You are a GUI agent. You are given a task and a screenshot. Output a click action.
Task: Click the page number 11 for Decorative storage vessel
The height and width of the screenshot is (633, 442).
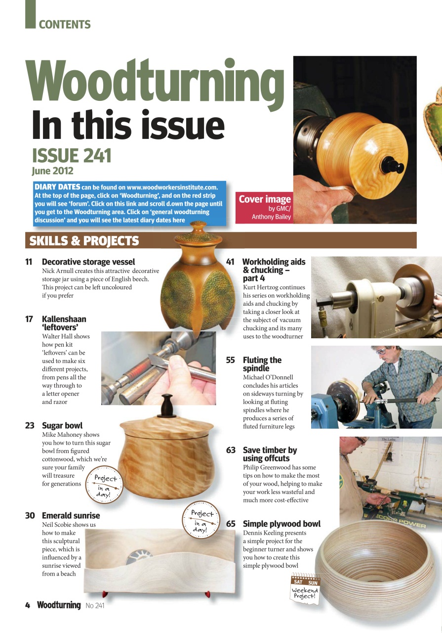(29, 262)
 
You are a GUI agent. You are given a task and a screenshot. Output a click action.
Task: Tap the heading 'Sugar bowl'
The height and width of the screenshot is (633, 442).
(62, 425)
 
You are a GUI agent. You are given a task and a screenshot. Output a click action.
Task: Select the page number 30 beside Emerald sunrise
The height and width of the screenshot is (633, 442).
(30, 515)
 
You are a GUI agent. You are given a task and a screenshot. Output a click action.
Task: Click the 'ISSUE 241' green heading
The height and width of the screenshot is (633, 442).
(72, 156)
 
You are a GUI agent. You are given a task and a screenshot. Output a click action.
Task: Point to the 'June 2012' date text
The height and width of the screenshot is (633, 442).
(52, 171)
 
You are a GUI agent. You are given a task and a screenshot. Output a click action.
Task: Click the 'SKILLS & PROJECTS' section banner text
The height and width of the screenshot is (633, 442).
(84, 241)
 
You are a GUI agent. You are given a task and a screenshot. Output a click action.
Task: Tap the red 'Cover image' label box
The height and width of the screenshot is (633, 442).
(265, 207)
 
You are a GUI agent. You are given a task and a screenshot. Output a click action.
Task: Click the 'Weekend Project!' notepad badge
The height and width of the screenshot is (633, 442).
(305, 588)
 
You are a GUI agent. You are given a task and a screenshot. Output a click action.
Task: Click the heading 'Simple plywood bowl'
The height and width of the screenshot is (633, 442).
(281, 524)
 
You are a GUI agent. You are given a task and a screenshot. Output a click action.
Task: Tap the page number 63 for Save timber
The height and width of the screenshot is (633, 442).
(231, 450)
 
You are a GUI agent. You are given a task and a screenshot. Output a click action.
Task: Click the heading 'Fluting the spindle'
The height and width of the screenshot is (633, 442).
(262, 364)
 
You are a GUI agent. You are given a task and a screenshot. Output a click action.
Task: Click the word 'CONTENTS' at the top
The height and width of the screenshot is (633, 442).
(65, 24)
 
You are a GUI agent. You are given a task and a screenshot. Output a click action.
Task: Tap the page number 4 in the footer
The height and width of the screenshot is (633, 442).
(28, 605)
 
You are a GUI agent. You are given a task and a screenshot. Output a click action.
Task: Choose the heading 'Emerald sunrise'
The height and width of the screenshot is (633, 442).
(71, 515)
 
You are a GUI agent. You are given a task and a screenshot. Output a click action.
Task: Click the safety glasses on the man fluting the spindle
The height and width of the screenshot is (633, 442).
(381, 351)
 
